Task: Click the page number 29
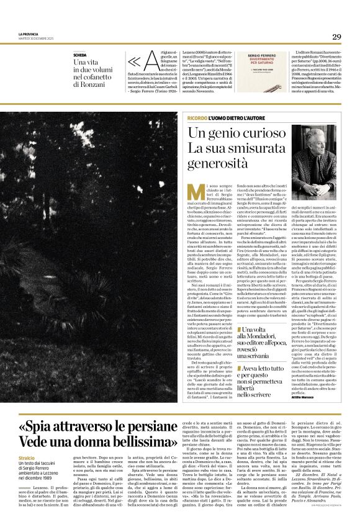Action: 336,37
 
